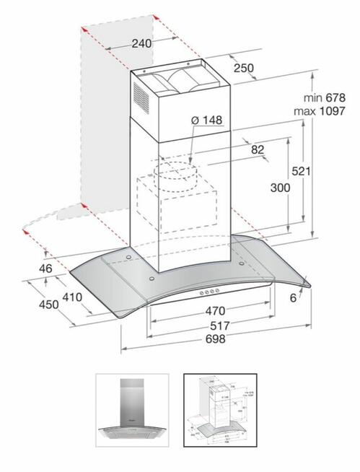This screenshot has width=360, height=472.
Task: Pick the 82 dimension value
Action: [256, 149]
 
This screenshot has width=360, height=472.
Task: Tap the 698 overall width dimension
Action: [214, 339]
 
